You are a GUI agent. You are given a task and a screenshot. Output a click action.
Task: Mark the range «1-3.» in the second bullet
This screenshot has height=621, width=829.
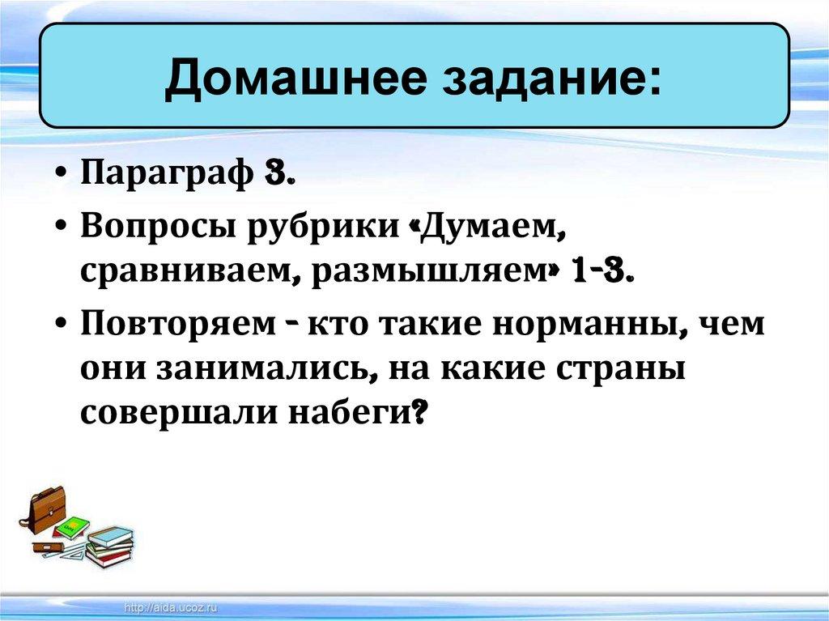pyautogui.click(x=601, y=272)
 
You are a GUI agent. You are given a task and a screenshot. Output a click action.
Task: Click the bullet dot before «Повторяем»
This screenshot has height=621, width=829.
pyautogui.click(x=63, y=325)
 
